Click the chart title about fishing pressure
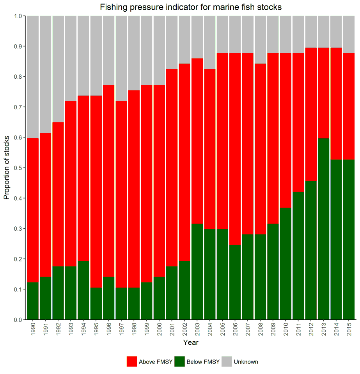tap(190, 7)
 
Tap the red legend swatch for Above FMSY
tap(131, 362)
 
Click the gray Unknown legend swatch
tap(227, 362)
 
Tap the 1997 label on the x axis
tap(121, 330)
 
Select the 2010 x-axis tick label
tap(286, 330)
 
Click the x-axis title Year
tap(191, 343)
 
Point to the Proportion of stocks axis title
tap(7, 168)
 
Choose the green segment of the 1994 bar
tap(83, 290)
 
